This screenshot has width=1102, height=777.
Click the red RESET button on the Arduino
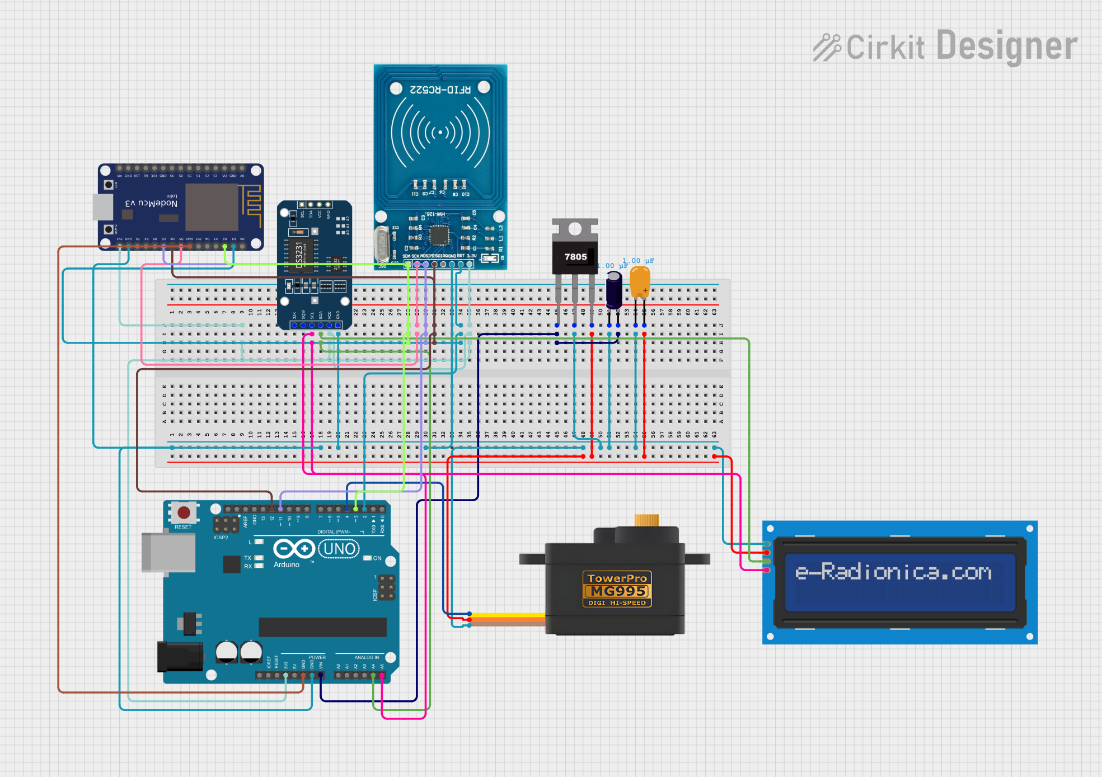(184, 512)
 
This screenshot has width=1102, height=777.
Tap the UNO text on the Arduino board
(339, 549)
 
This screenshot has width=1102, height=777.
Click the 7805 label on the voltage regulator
(575, 257)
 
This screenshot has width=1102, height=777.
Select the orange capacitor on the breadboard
(640, 281)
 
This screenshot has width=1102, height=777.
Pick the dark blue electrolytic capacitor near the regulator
(614, 289)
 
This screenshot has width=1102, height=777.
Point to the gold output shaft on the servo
(646, 520)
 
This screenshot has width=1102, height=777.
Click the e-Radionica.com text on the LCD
(893, 572)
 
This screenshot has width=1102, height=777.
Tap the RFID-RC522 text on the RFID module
(440, 90)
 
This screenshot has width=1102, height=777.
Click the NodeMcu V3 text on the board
(151, 203)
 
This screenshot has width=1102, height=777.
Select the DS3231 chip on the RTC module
(299, 255)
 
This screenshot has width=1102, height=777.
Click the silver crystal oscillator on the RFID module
(382, 244)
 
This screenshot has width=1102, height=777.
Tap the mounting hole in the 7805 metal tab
(575, 228)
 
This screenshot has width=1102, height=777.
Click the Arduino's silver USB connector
(168, 553)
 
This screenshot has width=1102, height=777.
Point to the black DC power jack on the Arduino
(180, 657)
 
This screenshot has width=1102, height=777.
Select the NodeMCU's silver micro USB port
(103, 207)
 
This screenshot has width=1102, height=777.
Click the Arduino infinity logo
(293, 549)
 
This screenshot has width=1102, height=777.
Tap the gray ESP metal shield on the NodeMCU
(212, 207)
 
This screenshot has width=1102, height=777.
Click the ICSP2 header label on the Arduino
(221, 538)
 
